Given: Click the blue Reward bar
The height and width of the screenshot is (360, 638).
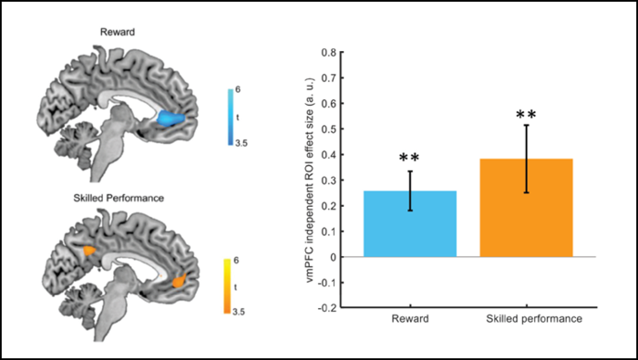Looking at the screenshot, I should coord(409,224).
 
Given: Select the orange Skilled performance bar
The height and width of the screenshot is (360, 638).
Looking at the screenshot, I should coord(526,209).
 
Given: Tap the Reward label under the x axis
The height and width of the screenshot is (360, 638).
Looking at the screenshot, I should coord(409,321).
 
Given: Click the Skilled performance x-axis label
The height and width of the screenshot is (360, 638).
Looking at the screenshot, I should coord(526,321).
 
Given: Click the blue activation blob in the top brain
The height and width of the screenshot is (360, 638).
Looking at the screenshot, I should coord(170,118).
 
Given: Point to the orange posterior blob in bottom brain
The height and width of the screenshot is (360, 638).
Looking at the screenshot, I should coord(89,248).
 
